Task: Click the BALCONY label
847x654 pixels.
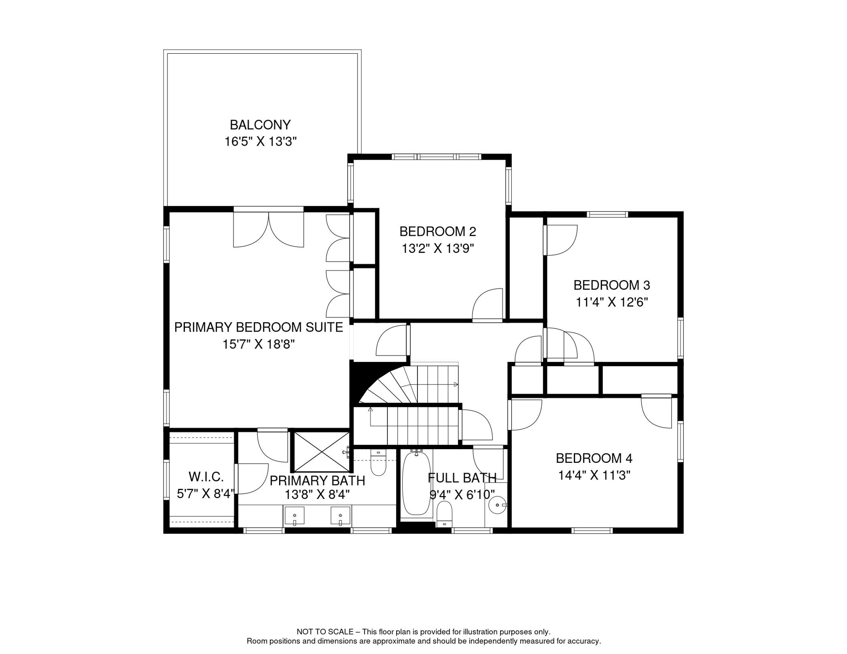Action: [x=260, y=125]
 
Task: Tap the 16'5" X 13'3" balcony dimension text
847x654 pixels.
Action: [x=260, y=141]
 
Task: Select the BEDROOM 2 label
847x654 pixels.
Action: [x=438, y=232]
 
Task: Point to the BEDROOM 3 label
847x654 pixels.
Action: [x=611, y=285]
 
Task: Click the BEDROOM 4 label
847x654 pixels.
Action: [x=594, y=458]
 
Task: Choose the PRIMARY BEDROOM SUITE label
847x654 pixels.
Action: [x=259, y=327]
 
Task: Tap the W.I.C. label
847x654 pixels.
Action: [x=206, y=476]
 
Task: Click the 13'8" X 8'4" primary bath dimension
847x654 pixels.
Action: [x=317, y=494]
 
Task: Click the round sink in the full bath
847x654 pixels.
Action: [x=497, y=505]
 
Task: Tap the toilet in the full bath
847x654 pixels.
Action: [x=444, y=514]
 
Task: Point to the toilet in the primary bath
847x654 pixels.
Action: [x=378, y=462]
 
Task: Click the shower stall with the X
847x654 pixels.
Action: [x=322, y=452]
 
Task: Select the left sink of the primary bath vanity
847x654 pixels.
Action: [x=294, y=516]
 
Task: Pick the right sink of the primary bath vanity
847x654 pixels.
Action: [x=340, y=516]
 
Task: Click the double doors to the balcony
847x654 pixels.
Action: [x=268, y=228]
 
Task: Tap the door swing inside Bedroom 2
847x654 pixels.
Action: [x=487, y=304]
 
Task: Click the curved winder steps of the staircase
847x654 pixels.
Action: [x=386, y=385]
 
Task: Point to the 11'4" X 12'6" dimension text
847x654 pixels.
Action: [x=612, y=302]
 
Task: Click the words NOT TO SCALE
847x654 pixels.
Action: [x=325, y=632]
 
